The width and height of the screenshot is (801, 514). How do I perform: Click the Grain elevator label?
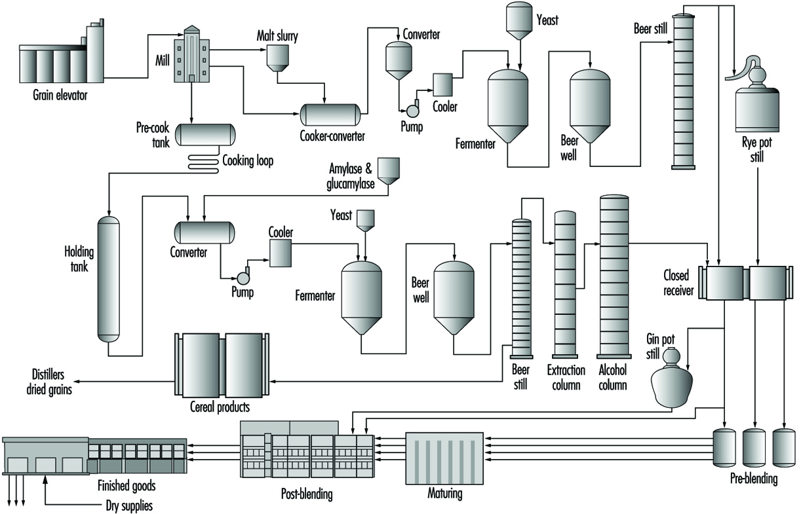(x=60, y=96)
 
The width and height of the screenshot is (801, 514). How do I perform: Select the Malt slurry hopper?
(x=277, y=58)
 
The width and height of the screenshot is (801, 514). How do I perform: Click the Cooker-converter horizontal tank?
(x=330, y=115)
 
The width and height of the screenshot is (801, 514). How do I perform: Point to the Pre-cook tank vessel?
(x=205, y=134)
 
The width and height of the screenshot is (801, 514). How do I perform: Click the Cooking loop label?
(x=248, y=160)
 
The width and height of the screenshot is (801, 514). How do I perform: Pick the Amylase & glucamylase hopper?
(x=389, y=171)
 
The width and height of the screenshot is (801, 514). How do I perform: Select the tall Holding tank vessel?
(x=109, y=280)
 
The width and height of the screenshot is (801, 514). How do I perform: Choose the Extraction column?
(x=565, y=284)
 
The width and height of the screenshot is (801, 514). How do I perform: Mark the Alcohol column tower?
(x=614, y=276)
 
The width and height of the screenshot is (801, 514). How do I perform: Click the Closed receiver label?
(x=678, y=283)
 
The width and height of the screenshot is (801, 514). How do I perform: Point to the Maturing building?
(x=444, y=458)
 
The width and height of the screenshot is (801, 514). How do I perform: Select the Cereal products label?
(x=220, y=407)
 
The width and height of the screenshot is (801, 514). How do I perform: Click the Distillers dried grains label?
(x=49, y=382)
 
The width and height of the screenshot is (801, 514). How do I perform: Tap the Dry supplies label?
(x=129, y=505)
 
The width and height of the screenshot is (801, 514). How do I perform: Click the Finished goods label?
(x=127, y=486)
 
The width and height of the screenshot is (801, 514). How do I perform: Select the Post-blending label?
(x=307, y=494)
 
